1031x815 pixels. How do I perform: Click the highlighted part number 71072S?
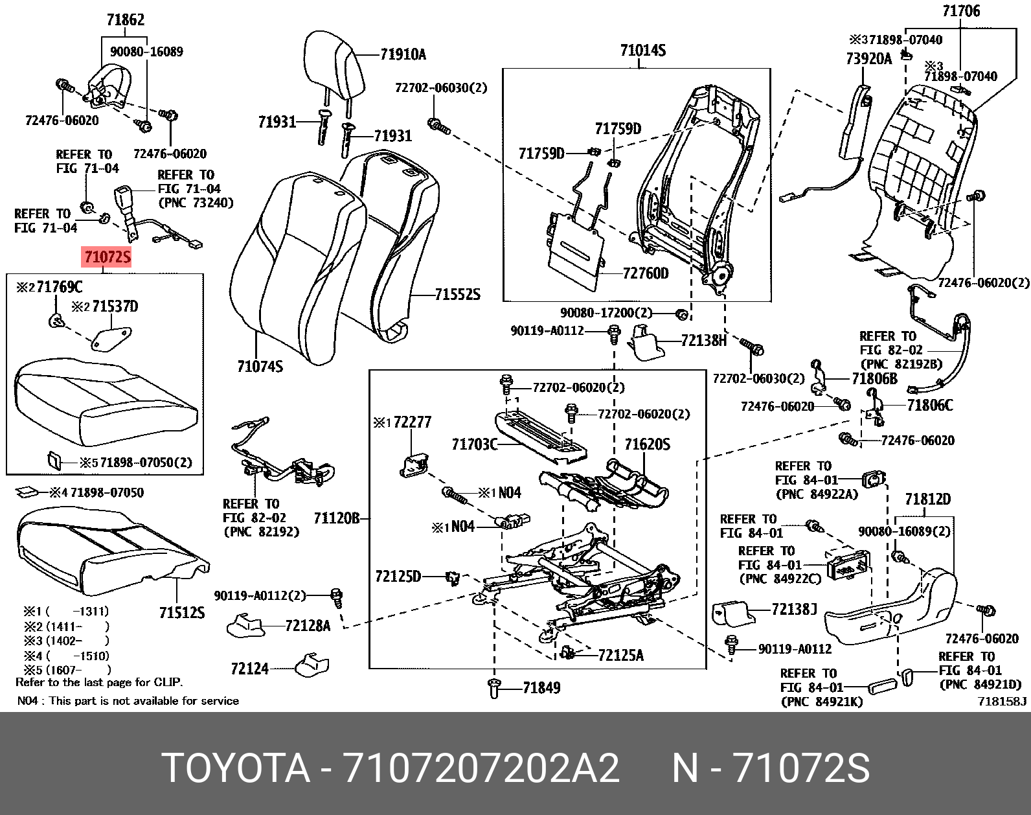[x=108, y=257]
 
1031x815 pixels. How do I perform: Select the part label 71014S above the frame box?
[x=643, y=51]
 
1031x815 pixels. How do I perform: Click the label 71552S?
[x=457, y=294]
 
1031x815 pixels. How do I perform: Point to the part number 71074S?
[x=260, y=366]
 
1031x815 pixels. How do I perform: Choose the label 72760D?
[x=645, y=273]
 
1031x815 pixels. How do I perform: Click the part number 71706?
[x=961, y=10]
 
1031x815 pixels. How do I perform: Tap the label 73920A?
[x=869, y=58]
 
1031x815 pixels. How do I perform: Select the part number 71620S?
[x=647, y=444]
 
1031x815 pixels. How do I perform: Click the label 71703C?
[x=475, y=444]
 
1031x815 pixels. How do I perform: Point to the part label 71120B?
[x=337, y=518]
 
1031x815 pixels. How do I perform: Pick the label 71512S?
[x=182, y=612]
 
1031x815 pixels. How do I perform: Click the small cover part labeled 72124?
[x=312, y=665]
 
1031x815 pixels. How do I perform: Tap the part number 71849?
[x=541, y=688]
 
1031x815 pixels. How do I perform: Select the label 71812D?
[x=927, y=499]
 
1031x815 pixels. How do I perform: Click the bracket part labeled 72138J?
[x=734, y=613]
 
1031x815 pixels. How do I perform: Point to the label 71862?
[x=126, y=19]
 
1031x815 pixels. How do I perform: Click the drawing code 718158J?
[x=1003, y=702]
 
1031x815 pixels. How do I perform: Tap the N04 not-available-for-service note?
[x=128, y=701]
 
